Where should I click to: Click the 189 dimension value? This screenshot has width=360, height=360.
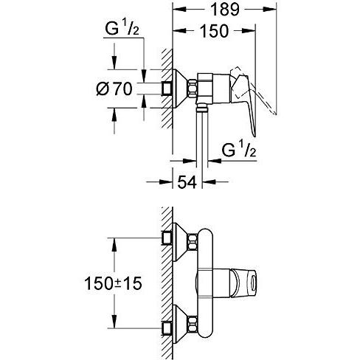click(225, 10)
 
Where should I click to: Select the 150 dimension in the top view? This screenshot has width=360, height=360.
click(214, 31)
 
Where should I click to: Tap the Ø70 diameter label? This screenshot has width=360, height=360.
click(114, 89)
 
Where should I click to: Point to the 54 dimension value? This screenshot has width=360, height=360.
click(187, 182)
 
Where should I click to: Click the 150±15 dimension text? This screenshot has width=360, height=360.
click(113, 283)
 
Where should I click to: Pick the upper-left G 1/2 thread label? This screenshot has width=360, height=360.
click(122, 29)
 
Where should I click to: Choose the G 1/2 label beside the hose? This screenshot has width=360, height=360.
click(239, 150)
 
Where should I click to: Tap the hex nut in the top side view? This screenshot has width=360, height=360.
click(193, 89)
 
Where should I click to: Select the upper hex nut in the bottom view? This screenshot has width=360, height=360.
click(193, 242)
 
